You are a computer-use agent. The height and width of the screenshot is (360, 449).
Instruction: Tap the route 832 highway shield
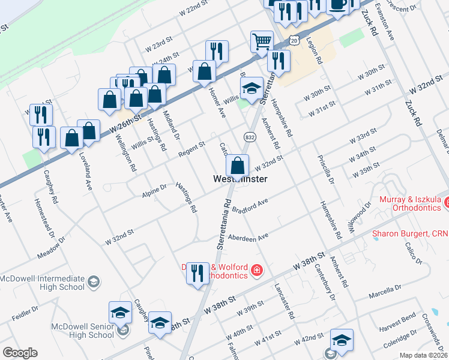pos(248,137)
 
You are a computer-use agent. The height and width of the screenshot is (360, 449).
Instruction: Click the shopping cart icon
pos(262,42)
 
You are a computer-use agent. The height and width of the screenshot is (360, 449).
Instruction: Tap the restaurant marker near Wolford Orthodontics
pos(197,274)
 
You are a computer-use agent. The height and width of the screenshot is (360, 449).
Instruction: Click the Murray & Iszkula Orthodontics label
pos(411,204)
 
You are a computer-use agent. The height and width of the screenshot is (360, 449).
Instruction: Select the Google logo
pos(20,353)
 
